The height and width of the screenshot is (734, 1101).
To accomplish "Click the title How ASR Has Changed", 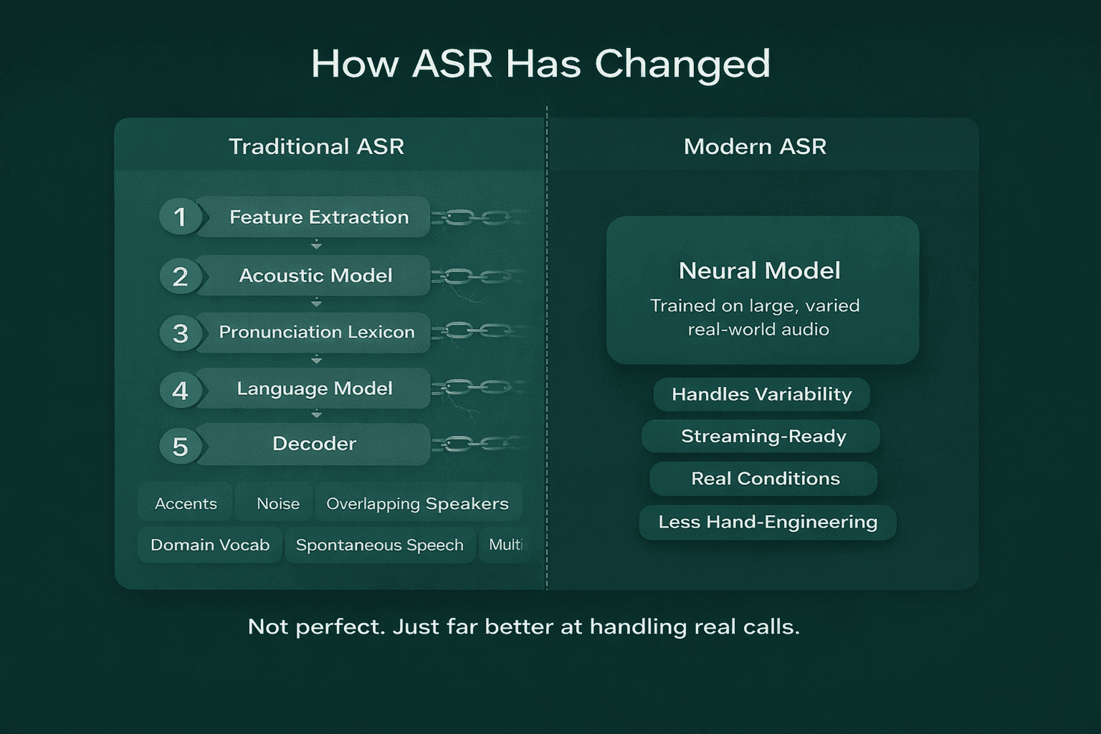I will [540, 64].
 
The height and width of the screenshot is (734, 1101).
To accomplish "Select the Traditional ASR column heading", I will [316, 146].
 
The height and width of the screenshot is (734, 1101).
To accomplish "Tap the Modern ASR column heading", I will [755, 146].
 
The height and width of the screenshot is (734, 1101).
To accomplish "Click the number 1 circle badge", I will [180, 216].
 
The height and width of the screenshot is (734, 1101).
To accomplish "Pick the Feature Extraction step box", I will [318, 216].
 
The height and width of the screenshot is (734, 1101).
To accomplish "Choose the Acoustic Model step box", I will [315, 275].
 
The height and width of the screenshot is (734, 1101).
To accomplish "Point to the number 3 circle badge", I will [180, 333].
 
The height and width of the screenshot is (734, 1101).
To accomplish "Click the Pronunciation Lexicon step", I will [316, 332].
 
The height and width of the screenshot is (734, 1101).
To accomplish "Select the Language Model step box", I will [315, 389].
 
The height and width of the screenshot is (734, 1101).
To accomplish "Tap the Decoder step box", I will [314, 444].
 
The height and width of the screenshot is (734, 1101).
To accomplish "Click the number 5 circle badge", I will [180, 447].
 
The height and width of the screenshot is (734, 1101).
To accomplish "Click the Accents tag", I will [186, 504].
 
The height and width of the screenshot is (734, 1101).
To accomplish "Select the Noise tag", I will [277, 504].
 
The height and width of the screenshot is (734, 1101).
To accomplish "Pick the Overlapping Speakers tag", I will [417, 504].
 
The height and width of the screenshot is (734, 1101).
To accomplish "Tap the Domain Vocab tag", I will [210, 545].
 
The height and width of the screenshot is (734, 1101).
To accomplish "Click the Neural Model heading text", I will [759, 270].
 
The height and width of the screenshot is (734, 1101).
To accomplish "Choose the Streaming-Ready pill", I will [763, 436].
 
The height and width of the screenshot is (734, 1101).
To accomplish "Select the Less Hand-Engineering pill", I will [767, 522].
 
